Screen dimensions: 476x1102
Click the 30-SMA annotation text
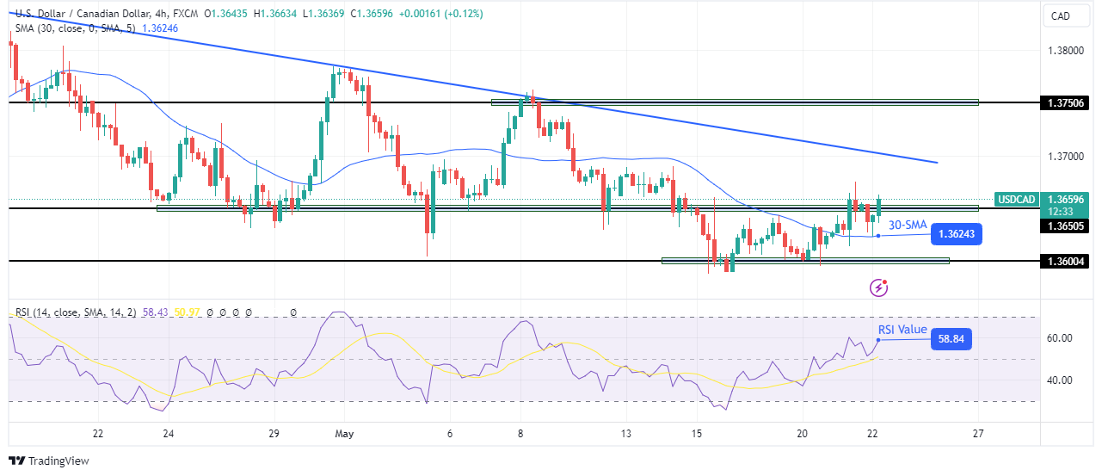[x=908, y=225]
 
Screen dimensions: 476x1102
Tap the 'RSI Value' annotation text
[x=902, y=330]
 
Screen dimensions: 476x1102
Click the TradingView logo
[x=50, y=461]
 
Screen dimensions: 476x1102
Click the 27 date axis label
[x=977, y=433]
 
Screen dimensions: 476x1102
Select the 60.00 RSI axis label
[x=1061, y=338]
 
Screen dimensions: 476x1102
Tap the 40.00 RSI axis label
[x=1061, y=380]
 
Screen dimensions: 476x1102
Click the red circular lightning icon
[x=878, y=287]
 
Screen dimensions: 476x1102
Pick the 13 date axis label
[x=626, y=433]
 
